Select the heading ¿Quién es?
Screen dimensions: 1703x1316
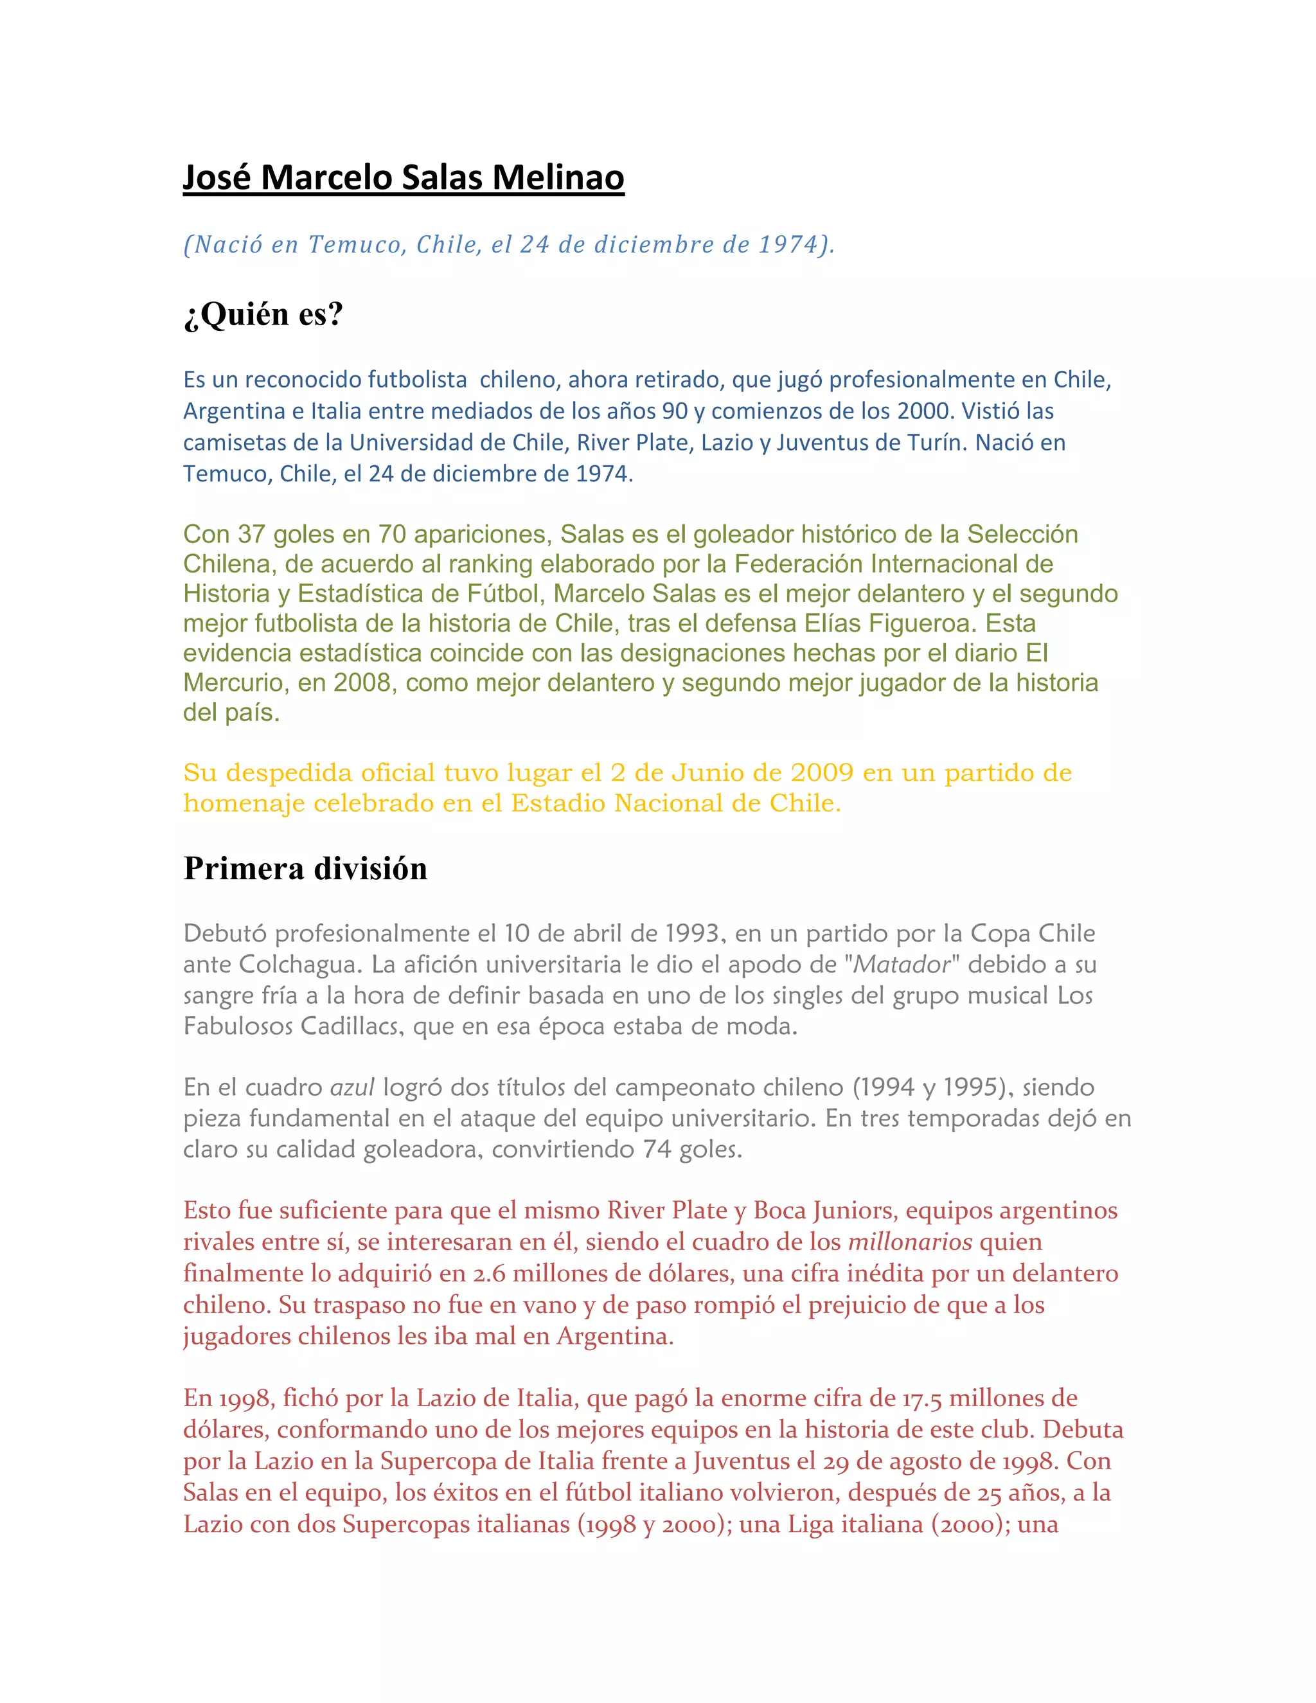[263, 314]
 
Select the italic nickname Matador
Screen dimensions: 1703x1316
[902, 965]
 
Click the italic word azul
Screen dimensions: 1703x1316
[352, 1087]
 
